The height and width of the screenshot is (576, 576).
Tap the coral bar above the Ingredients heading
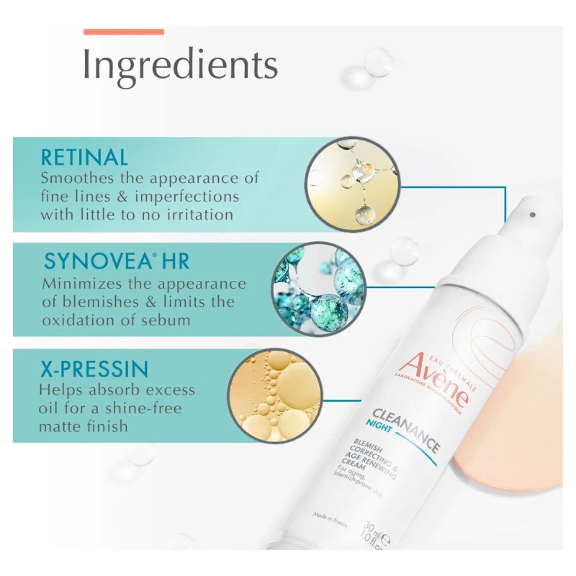coord(124,32)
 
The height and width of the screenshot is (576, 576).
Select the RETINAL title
coord(84,157)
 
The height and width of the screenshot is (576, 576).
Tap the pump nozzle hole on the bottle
coord(532,215)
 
